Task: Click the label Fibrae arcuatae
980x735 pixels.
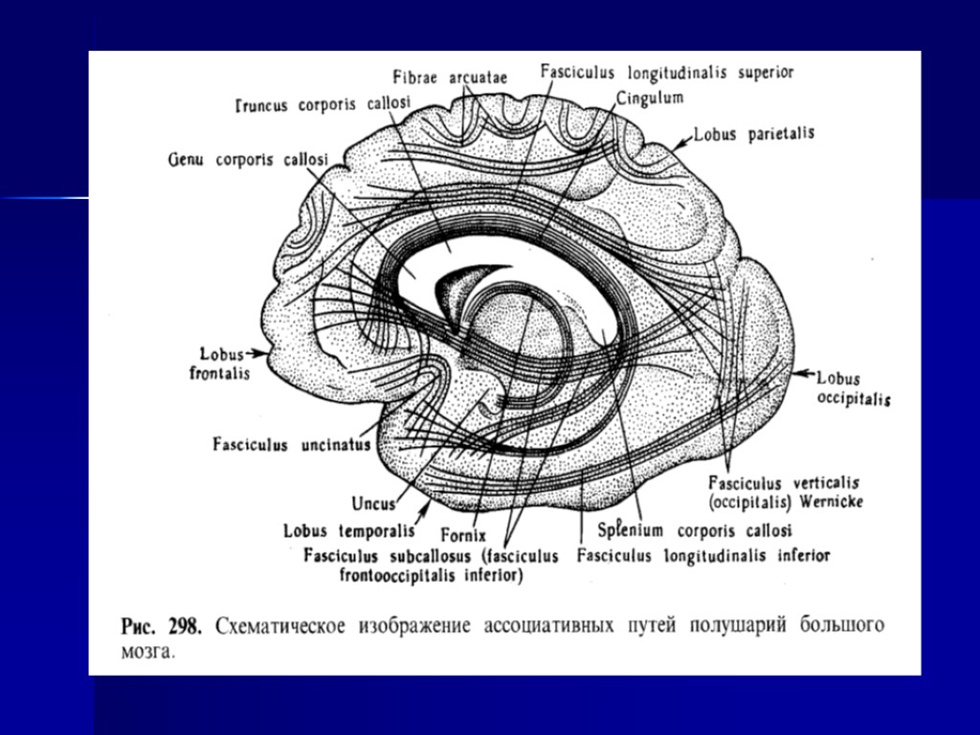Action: (x=450, y=78)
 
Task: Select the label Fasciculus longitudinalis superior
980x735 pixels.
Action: (x=666, y=72)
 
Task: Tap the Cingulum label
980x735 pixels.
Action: (x=650, y=98)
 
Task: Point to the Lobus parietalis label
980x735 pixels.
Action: (x=756, y=134)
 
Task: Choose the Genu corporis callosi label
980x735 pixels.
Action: (x=247, y=157)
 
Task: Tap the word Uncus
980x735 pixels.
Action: (x=373, y=502)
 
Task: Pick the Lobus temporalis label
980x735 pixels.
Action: (x=348, y=530)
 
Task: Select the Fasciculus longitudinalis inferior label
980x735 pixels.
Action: (x=703, y=555)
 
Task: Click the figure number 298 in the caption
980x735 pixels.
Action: (x=183, y=628)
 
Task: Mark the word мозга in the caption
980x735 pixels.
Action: (x=147, y=652)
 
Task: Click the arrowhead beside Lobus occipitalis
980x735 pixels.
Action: (x=799, y=371)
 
